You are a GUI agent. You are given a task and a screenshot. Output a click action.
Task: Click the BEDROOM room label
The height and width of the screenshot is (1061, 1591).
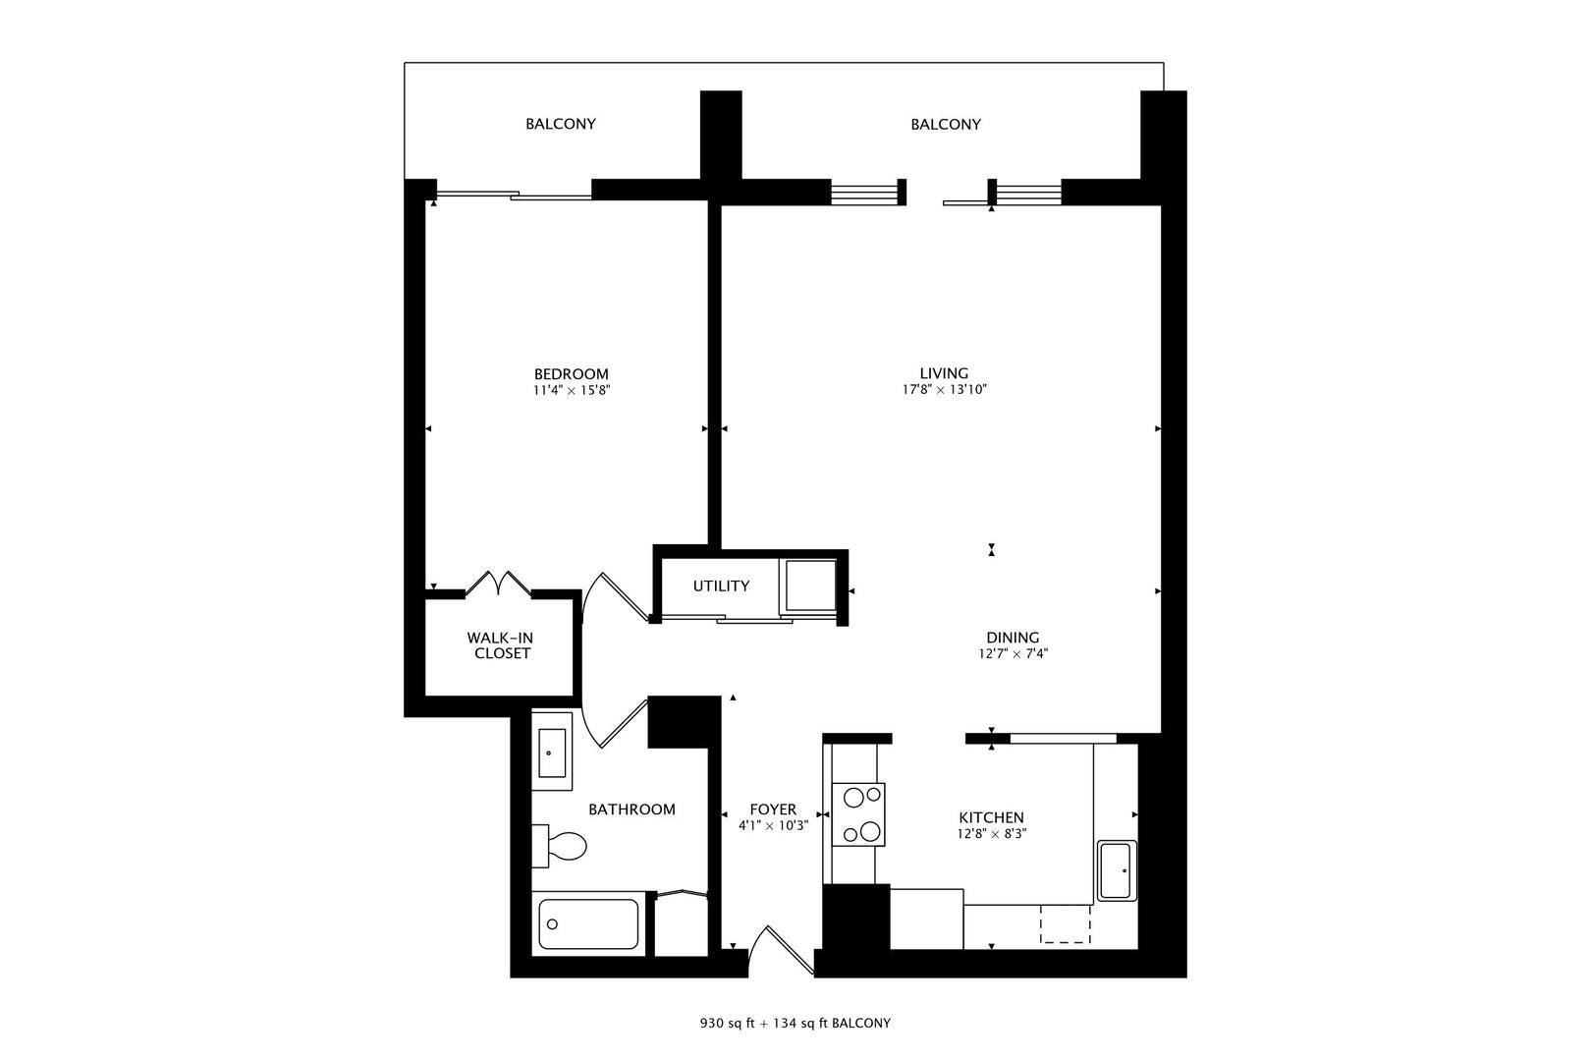[x=571, y=373]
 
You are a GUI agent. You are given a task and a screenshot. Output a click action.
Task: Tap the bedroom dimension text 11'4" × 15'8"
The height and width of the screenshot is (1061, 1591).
[x=571, y=390]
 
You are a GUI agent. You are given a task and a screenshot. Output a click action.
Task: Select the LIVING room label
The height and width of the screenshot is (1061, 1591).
[x=944, y=372]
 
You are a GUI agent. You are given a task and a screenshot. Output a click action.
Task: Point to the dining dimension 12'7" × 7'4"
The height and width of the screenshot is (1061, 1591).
[x=1013, y=653]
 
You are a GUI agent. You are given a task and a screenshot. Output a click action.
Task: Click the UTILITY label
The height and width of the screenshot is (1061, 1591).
[x=721, y=586]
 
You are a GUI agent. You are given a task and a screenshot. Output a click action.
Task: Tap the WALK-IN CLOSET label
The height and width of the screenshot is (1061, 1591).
[x=501, y=645]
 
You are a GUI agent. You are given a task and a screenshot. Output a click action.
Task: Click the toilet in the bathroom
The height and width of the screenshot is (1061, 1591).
[x=562, y=846]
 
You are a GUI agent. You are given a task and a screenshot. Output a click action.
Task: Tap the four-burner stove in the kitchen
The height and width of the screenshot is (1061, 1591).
[x=858, y=814]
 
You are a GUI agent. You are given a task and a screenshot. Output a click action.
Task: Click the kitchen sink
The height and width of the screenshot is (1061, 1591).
[x=1117, y=870]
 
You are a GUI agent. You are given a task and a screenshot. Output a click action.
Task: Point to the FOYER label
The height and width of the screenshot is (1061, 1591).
[x=773, y=810]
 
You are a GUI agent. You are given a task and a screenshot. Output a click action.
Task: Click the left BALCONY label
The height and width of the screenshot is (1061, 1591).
[x=560, y=124]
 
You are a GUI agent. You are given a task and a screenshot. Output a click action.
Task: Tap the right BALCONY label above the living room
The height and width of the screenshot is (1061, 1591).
[x=945, y=124]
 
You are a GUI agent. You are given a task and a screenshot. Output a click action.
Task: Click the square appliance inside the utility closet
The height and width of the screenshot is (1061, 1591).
[x=808, y=586]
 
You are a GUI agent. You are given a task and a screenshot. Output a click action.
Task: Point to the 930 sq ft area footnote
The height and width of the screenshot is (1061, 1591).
[x=795, y=1023]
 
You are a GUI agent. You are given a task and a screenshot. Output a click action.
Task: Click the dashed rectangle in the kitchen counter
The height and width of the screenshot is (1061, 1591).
[x=1066, y=924]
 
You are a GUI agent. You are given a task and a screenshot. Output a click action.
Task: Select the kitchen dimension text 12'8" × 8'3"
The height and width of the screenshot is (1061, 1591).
[x=992, y=834]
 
